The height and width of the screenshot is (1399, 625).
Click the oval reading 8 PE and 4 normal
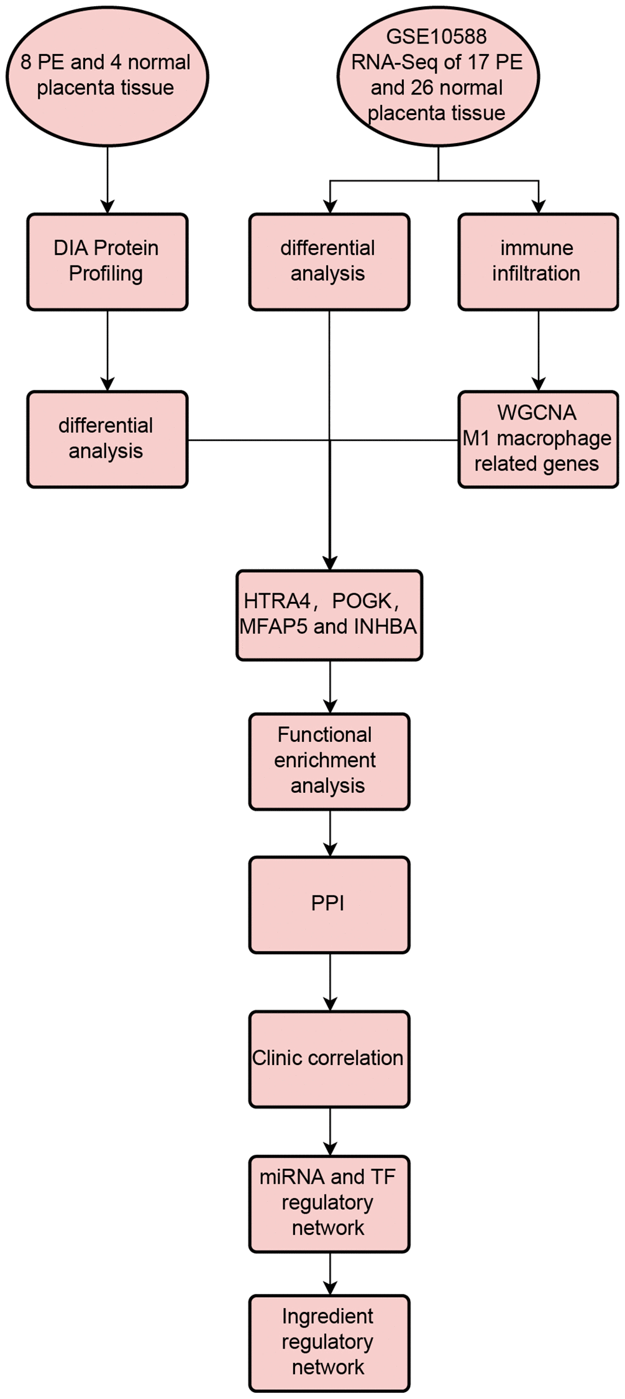[107, 76]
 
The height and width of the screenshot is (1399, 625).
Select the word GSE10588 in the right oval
[436, 37]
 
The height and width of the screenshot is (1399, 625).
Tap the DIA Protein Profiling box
[107, 261]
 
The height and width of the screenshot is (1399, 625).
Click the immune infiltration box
[537, 261]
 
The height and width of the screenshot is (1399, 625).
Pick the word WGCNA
[537, 413]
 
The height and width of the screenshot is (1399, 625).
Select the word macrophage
[554, 438]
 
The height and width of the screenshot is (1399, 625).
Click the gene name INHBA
[385, 626]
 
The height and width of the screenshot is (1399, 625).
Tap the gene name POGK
[362, 601]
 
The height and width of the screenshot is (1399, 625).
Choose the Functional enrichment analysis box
[329, 760]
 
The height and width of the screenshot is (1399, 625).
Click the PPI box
[329, 903]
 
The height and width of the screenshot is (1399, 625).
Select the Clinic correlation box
[329, 1058]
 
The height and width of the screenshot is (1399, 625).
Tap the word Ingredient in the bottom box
[327, 1316]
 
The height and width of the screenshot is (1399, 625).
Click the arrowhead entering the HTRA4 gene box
[330, 563]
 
